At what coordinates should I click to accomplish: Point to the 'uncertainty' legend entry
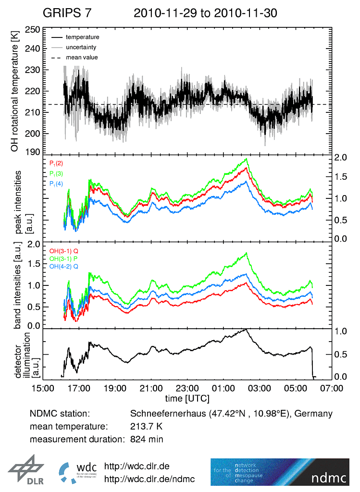(x=81, y=47)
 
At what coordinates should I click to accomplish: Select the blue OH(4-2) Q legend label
(x=63, y=266)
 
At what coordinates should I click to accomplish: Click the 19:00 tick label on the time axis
(x=115, y=388)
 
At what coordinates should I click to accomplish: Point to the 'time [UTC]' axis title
(x=187, y=398)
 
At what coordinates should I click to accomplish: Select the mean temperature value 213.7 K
(x=146, y=426)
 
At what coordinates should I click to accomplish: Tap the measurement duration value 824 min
(x=147, y=439)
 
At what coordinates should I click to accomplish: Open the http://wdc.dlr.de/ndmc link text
(x=149, y=479)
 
